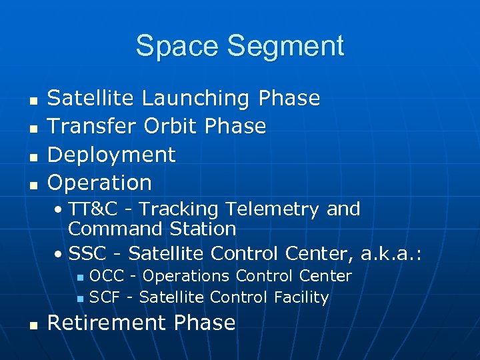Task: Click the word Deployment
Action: tap(111, 155)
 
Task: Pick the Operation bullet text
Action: tap(100, 183)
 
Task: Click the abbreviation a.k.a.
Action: tap(391, 253)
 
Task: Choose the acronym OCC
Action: tap(107, 276)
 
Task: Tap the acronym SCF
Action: tap(105, 297)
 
